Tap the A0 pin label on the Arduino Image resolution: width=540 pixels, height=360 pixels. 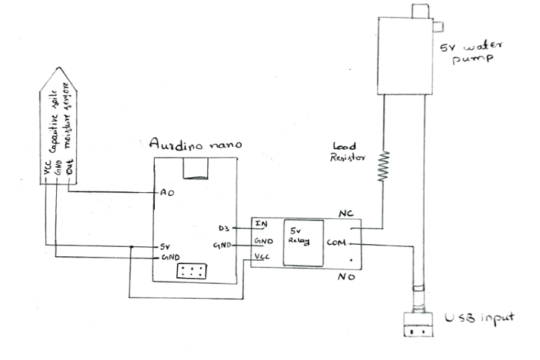pyautogui.click(x=166, y=194)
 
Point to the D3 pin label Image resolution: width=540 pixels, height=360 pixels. pyautogui.click(x=223, y=228)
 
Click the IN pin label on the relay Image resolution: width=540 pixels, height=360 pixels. pyautogui.click(x=262, y=225)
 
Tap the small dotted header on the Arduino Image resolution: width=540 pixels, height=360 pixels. pyautogui.click(x=191, y=272)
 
